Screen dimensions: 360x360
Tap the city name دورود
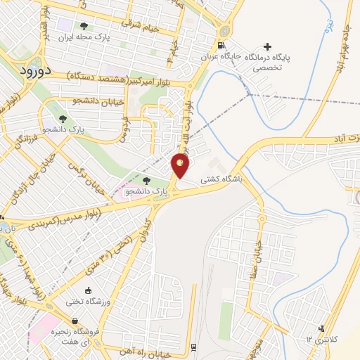click(x=33, y=71)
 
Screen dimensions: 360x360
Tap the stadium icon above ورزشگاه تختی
click(x=88, y=290)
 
